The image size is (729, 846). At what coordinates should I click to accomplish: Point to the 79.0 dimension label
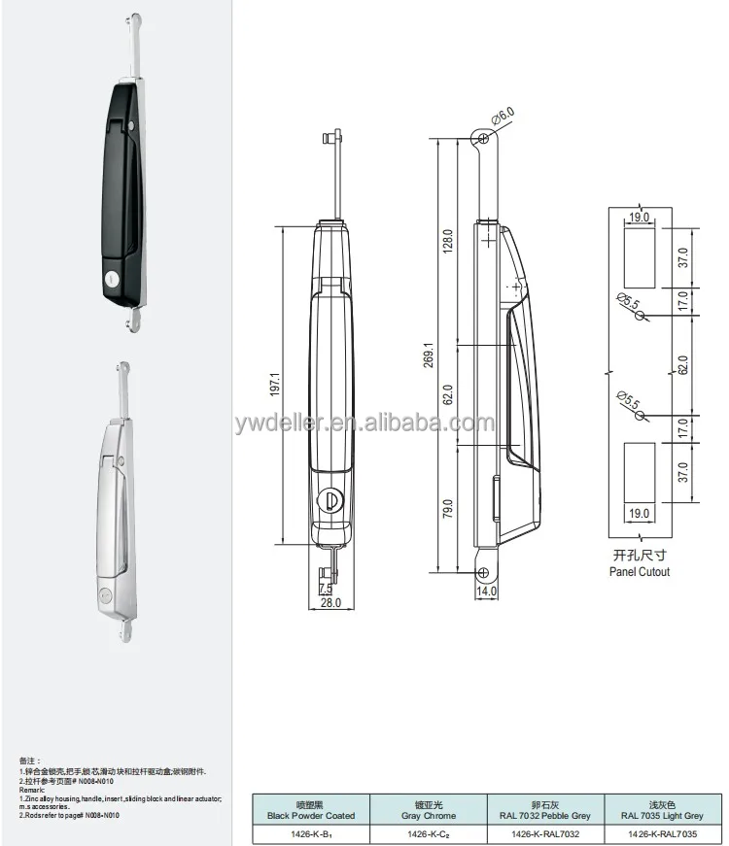(x=448, y=509)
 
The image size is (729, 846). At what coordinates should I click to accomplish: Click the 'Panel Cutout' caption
(x=640, y=572)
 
